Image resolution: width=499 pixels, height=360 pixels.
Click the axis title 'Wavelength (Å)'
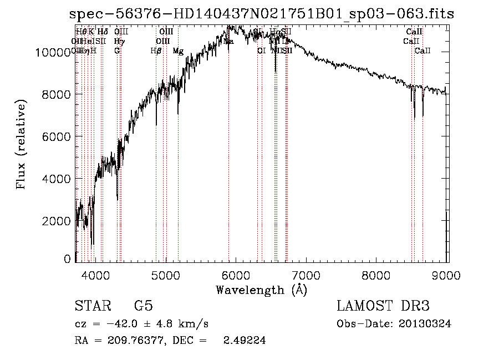261,290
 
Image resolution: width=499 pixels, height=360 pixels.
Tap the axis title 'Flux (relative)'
22,145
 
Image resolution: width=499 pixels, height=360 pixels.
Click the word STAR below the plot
92,306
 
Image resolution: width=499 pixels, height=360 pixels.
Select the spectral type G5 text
144,306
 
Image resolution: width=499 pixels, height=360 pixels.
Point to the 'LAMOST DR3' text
383,306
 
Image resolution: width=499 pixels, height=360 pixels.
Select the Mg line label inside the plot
178,51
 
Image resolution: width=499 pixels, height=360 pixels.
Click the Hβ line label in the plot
156,51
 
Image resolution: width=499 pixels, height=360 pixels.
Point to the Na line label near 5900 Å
228,42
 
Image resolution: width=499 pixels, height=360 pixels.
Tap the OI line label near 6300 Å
261,51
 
